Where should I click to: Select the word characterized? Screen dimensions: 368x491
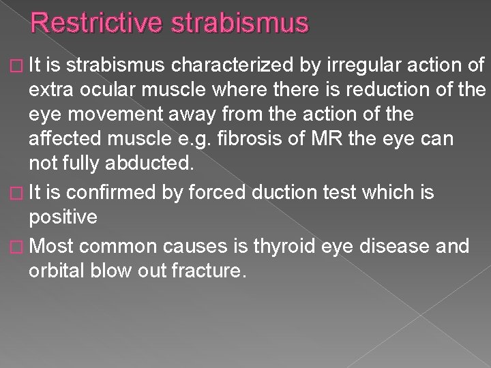[232, 65]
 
